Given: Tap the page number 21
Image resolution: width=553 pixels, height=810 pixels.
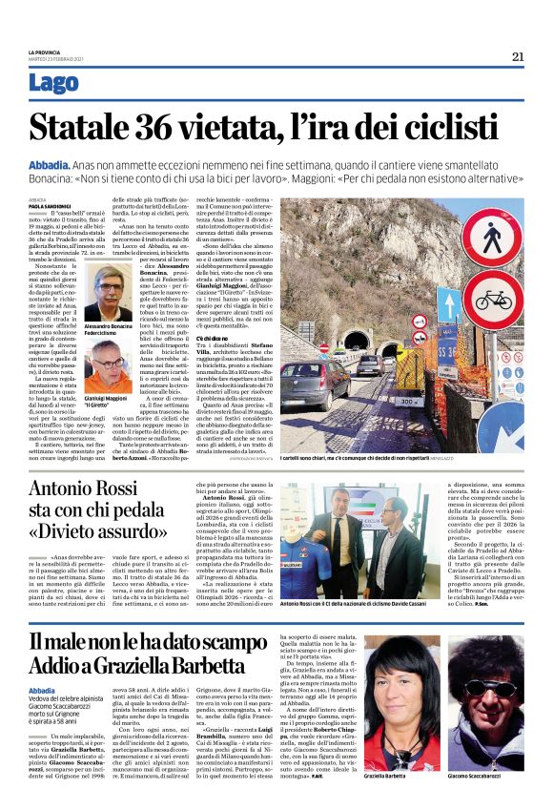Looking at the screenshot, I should (x=518, y=56).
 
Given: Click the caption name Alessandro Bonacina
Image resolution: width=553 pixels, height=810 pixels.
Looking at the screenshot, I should (x=108, y=326).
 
